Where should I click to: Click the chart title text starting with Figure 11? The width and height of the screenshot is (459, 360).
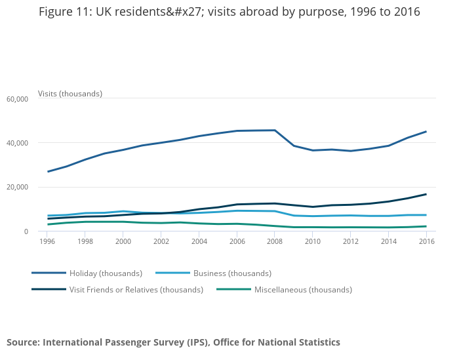tap(229, 12)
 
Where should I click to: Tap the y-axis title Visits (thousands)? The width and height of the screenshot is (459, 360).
tap(70, 94)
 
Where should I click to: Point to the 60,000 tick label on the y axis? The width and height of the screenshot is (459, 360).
tap(16, 99)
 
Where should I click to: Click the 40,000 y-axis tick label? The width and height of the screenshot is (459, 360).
tap(16, 143)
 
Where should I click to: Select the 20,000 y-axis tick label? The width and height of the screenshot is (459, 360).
tap(16, 188)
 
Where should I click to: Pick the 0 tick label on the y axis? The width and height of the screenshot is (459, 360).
tap(26, 231)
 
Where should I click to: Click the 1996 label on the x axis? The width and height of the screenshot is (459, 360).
tap(47, 241)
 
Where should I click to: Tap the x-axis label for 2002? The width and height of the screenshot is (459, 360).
tap(161, 241)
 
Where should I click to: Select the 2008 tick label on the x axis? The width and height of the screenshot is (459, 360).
tap(274, 241)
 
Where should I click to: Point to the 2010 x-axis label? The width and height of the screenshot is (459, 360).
tap(312, 241)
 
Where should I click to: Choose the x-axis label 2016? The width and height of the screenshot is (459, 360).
tap(426, 241)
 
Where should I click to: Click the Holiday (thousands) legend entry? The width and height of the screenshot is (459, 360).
tap(106, 273)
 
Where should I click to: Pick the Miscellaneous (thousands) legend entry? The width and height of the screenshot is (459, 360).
tap(303, 290)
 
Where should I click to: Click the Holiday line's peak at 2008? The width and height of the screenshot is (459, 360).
tap(274, 130)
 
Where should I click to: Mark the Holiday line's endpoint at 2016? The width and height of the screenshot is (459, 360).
tap(426, 132)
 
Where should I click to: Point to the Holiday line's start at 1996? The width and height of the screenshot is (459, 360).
tap(47, 172)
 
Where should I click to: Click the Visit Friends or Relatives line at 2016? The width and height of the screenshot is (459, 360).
tap(426, 194)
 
